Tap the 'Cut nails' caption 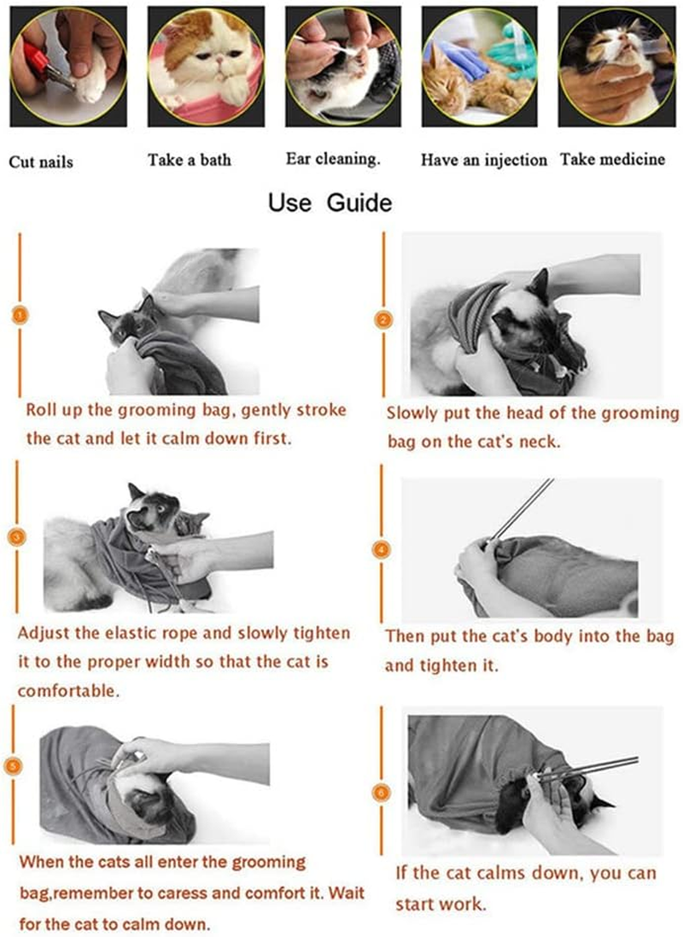point(41,162)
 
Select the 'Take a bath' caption point(190,160)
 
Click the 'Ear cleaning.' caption point(333,159)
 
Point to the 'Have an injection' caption point(484,160)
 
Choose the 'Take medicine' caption point(612,160)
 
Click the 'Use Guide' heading point(330,202)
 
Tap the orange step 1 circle point(20,315)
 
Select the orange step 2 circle point(383,319)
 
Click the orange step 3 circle point(17,536)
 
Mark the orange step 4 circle point(382,549)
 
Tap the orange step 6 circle point(381,793)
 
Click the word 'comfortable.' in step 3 point(68,691)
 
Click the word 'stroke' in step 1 point(322,410)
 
